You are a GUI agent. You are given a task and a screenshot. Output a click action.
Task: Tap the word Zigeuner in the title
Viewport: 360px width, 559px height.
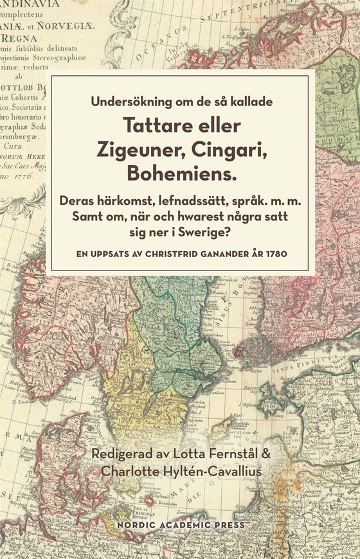133,148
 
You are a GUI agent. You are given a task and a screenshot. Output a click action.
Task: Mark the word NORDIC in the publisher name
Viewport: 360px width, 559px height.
132,525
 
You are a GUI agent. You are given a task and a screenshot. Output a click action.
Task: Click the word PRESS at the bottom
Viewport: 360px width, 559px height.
228,525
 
